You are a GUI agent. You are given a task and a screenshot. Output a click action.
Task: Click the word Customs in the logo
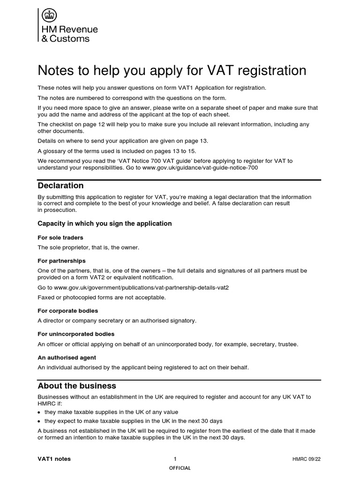[69, 38]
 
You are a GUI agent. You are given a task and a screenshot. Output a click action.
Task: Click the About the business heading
[77, 386]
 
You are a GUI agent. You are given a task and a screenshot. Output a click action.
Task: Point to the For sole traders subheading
[60, 238]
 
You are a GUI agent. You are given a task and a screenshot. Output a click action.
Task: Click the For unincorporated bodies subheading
[76, 334]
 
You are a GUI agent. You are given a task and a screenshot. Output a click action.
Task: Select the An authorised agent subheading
[64, 357]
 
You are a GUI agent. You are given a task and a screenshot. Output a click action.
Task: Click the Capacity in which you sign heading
[105, 224]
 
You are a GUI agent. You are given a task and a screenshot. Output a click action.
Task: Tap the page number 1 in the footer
[175, 459]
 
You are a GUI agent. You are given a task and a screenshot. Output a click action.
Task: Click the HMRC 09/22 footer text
[307, 459]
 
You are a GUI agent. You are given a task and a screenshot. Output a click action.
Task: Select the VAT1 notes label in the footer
[54, 459]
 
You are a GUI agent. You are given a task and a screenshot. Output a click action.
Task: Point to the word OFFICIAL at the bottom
[180, 468]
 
